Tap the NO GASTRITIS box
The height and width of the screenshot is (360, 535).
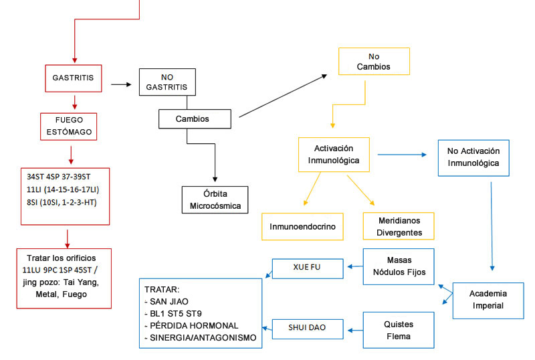pyautogui.click(x=168, y=82)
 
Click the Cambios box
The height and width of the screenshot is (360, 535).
pyautogui.click(x=195, y=119)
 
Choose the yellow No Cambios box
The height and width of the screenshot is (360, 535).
pyautogui.click(x=374, y=62)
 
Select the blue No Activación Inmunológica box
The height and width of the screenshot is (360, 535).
pyautogui.click(x=473, y=157)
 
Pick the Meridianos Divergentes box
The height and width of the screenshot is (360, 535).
pyautogui.click(x=398, y=226)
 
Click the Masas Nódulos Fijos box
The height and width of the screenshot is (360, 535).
pyautogui.click(x=398, y=267)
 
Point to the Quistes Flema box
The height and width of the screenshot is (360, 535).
pyautogui.click(x=398, y=330)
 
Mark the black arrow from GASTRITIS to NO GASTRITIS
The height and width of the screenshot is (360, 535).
pyautogui.click(x=120, y=84)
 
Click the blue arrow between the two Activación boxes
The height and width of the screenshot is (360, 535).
pyautogui.click(x=402, y=155)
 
